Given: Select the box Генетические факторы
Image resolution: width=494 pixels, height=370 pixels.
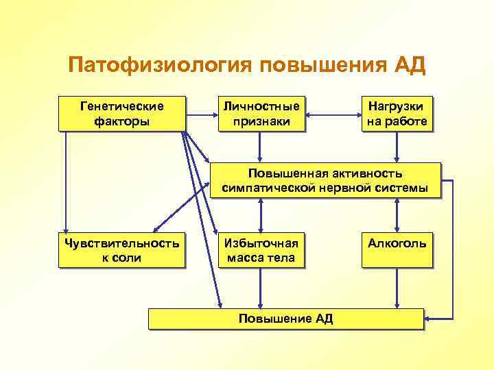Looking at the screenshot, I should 122,114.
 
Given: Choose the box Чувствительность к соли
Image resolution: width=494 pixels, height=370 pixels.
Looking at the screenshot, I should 122,250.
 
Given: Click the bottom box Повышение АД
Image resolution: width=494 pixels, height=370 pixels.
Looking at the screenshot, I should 285,319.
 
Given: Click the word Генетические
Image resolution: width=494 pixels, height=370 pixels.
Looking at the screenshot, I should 122,106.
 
